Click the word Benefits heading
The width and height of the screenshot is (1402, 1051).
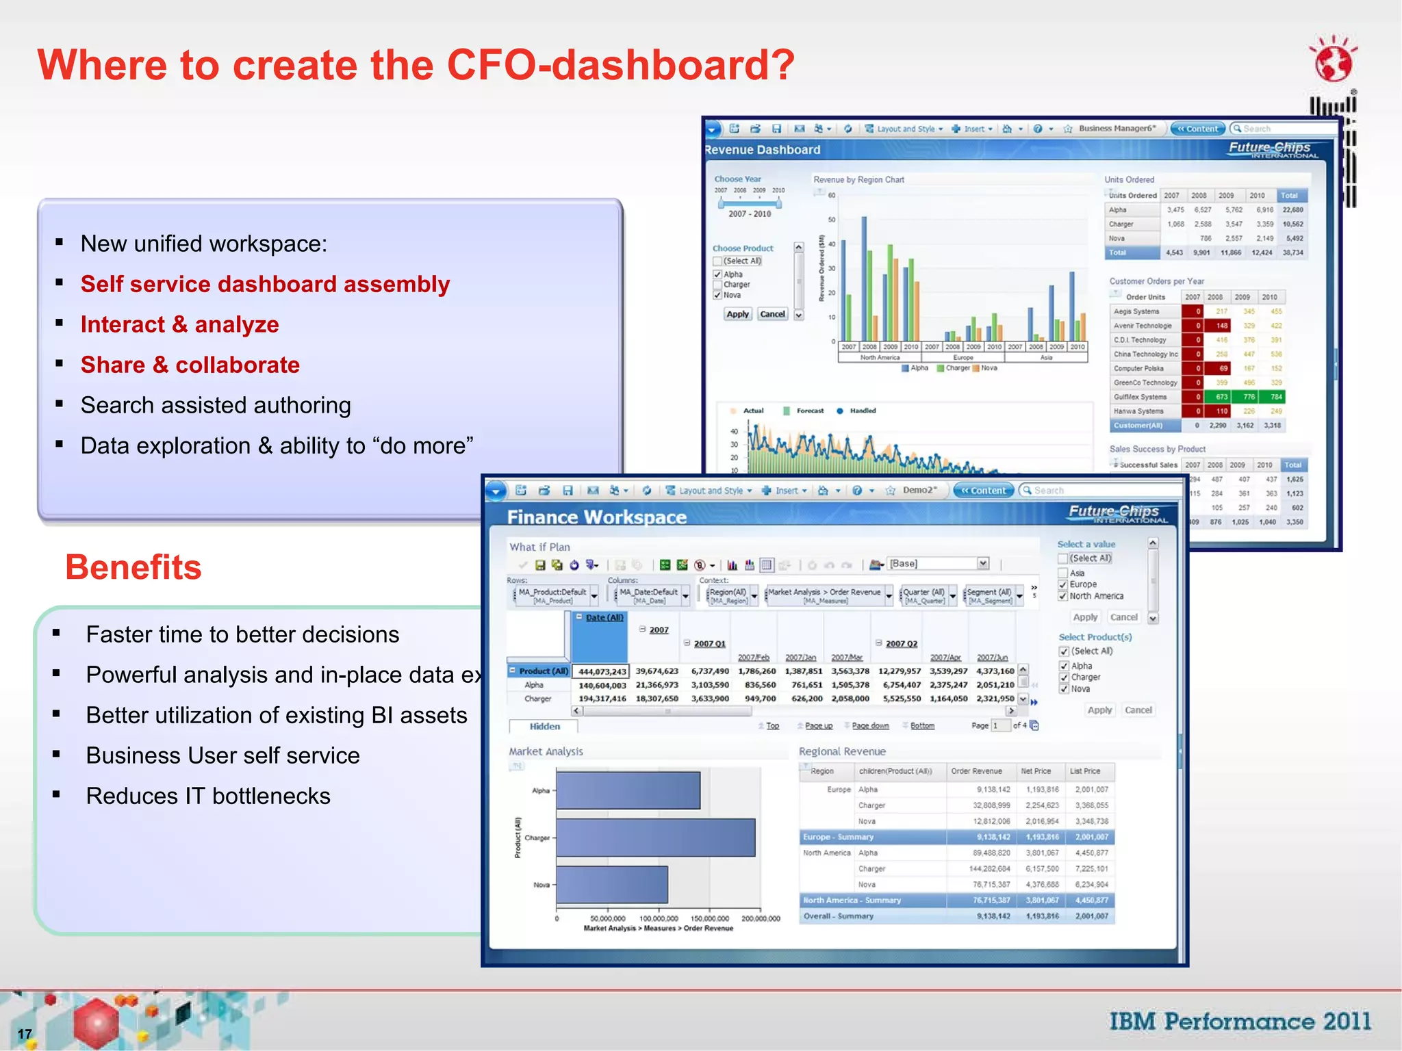click(x=133, y=567)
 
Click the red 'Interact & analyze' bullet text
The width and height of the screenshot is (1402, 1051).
click(x=179, y=324)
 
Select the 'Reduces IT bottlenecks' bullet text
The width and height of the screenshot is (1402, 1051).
click(x=208, y=796)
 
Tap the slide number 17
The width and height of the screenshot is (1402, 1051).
click(x=25, y=1034)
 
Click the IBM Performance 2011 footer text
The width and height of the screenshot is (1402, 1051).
click(x=1240, y=1022)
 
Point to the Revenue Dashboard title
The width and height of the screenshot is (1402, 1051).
click(x=762, y=150)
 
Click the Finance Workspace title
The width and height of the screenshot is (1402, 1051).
click(x=596, y=517)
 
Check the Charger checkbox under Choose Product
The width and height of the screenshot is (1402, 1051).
click(x=717, y=285)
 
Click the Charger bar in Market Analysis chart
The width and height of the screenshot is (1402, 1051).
click(x=655, y=838)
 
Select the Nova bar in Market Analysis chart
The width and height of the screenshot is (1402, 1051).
click(x=611, y=884)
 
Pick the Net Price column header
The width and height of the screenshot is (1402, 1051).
click(x=1035, y=771)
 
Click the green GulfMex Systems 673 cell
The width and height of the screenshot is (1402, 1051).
click(x=1221, y=397)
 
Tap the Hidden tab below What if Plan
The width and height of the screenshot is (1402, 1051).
click(x=544, y=726)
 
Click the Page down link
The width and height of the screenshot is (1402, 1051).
click(x=870, y=725)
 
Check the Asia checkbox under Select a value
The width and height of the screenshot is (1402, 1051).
click(x=1063, y=573)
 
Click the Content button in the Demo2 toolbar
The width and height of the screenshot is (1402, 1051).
click(x=983, y=490)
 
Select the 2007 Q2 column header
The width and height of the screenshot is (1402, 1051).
click(x=901, y=643)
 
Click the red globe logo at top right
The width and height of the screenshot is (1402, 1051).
click(x=1332, y=62)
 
